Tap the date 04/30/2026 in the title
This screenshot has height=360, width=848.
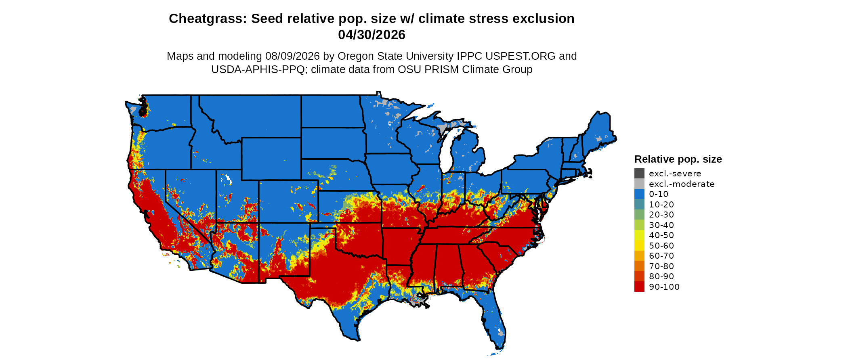tap(372, 35)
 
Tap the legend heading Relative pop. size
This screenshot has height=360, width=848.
tap(678, 159)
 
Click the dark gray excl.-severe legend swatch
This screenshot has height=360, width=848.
tap(639, 174)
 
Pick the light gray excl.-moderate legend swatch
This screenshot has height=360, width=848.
tap(639, 184)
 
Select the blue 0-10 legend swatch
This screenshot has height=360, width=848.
tap(639, 194)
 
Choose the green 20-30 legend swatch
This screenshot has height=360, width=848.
tap(639, 215)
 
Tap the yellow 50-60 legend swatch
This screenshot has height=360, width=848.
tap(639, 245)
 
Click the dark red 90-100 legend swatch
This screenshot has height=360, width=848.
tap(639, 287)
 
